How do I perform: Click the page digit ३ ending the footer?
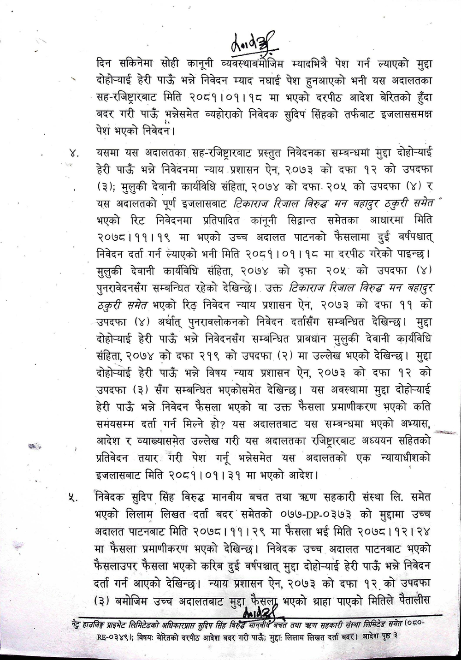(x=396, y=640)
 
